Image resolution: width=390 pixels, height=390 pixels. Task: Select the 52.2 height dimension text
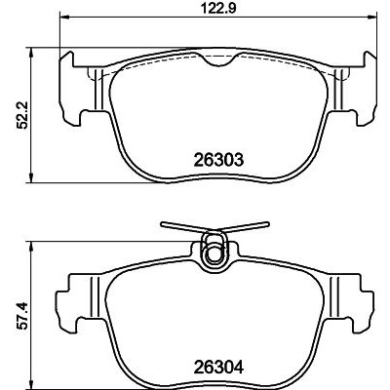click(23, 116)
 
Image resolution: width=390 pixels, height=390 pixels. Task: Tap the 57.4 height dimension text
click(23, 316)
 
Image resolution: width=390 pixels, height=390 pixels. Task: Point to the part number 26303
click(218, 160)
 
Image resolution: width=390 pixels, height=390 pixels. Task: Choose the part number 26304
click(218, 368)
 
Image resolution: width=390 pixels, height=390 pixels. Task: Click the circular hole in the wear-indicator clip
click(214, 253)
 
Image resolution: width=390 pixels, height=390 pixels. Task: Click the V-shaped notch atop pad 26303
click(219, 60)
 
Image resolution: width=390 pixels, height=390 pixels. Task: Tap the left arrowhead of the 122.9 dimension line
click(64, 17)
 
